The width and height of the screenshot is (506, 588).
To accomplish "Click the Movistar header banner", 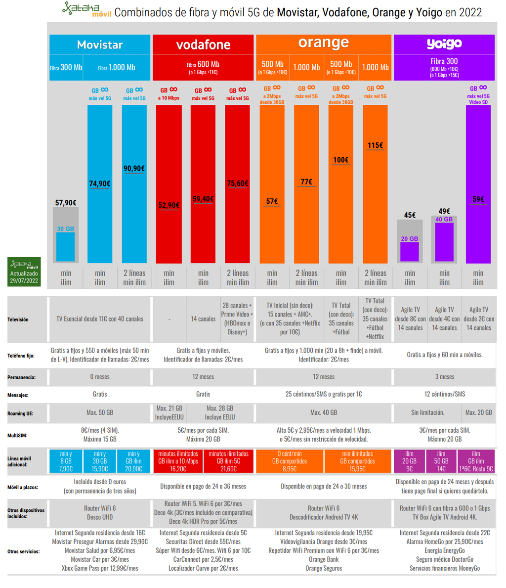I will [100, 45].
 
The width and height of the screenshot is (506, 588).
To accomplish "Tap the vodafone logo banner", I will [203, 45].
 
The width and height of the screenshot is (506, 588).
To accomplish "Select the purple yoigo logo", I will [444, 44].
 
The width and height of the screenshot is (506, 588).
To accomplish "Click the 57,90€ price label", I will [66, 202].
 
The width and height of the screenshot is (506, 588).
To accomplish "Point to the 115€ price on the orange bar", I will [375, 145].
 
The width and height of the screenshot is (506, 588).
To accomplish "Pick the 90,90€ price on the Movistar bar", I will [134, 169].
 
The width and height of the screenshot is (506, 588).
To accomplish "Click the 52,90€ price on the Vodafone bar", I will [169, 205].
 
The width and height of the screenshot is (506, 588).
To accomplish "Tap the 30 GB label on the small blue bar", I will [66, 229].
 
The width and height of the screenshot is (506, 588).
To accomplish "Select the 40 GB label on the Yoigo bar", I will [444, 219].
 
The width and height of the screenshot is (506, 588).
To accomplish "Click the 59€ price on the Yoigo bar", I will [478, 199].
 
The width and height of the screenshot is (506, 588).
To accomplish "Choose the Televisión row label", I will [18, 319].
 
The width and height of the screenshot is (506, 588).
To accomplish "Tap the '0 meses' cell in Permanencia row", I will [100, 377].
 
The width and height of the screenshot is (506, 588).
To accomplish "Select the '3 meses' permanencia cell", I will [444, 377].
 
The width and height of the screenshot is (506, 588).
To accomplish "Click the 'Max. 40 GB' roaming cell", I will [324, 412].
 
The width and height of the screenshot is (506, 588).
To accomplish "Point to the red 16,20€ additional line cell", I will [178, 461].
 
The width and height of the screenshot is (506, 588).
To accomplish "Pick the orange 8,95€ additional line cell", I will [290, 461].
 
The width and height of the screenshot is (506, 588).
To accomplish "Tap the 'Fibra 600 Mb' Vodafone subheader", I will [203, 67].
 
